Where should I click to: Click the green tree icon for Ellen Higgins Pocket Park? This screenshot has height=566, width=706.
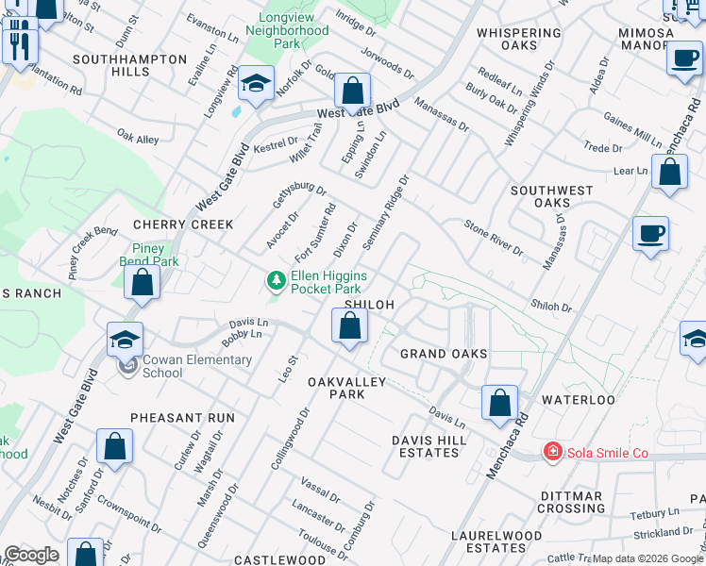pyautogui.click(x=276, y=281)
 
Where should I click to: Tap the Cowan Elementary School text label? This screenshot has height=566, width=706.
pyautogui.click(x=196, y=366)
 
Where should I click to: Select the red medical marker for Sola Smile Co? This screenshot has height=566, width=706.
pyautogui.click(x=552, y=453)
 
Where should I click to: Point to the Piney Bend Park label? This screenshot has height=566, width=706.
pyautogui.click(x=148, y=255)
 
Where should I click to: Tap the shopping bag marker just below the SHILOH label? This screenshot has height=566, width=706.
pyautogui.click(x=349, y=326)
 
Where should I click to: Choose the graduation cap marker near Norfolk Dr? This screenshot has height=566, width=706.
pyautogui.click(x=256, y=85)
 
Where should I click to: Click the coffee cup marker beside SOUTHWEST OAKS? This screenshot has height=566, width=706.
pyautogui.click(x=651, y=234)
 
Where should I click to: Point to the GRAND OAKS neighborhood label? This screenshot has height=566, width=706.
pyautogui.click(x=444, y=354)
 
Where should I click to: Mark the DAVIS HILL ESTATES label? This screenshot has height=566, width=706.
pyautogui.click(x=426, y=446)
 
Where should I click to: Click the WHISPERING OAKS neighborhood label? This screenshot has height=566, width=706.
pyautogui.click(x=519, y=39)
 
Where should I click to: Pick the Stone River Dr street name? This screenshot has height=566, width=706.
pyautogui.click(x=493, y=237)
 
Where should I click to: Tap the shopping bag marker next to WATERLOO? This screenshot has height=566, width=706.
pyautogui.click(x=499, y=403)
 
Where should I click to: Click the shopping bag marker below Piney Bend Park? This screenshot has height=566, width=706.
pyautogui.click(x=142, y=282)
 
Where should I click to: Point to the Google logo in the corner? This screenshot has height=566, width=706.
pyautogui.click(x=31, y=555)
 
